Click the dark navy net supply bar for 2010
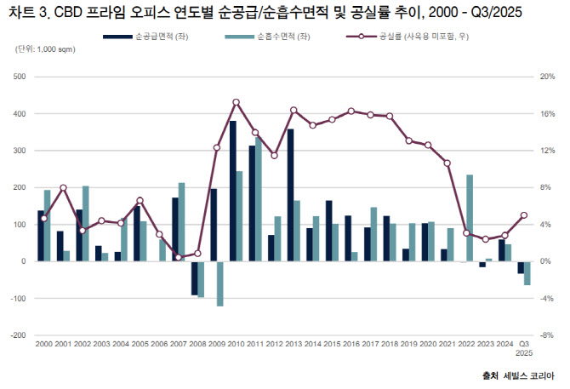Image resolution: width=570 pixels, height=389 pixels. (x=232, y=191)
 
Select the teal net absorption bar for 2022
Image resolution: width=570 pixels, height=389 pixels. (x=470, y=218)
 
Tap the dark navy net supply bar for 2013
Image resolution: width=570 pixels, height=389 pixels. (x=290, y=195)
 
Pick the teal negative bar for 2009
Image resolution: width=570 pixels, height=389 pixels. (x=219, y=283)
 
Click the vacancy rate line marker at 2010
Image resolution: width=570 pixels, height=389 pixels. (x=236, y=102)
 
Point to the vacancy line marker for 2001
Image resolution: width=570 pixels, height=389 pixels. (x=63, y=187)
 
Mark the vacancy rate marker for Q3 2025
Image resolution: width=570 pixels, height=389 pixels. (x=524, y=215)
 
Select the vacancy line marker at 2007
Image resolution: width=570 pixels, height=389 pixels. (x=179, y=257)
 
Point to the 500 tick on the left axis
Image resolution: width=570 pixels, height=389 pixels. (x=19, y=77)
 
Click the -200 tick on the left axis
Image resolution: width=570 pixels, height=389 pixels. (x=17, y=335)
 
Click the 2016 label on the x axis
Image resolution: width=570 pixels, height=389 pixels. (x=351, y=343)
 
